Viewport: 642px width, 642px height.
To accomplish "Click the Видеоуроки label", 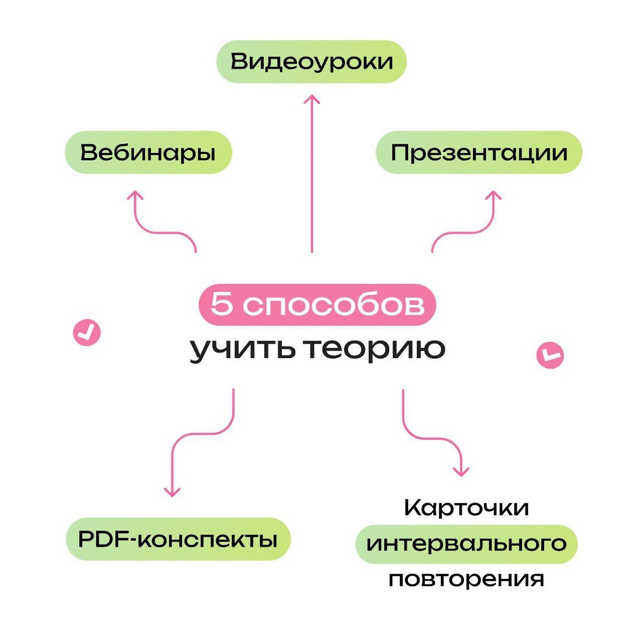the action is coord(311,62).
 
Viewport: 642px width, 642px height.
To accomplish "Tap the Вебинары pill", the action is coord(148,152).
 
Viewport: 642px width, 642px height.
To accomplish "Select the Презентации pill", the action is coord(479,152).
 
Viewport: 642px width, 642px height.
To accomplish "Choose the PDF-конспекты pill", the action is coord(178,539).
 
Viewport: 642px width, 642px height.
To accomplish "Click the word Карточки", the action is coord(467,507).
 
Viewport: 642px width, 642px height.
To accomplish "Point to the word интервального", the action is coord(467,544).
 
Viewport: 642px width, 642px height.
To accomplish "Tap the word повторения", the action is coord(467,579).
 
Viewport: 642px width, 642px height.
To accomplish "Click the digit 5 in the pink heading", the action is coord(221,305).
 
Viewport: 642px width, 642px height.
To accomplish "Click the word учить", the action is coord(241,349).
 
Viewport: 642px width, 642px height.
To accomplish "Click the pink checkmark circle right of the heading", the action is coord(550,355).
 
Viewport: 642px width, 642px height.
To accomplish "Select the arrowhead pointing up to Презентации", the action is coord(493,196).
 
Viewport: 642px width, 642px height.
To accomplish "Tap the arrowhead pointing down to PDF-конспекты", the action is coord(172,491).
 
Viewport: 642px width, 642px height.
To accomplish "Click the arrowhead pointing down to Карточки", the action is coord(461,471).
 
